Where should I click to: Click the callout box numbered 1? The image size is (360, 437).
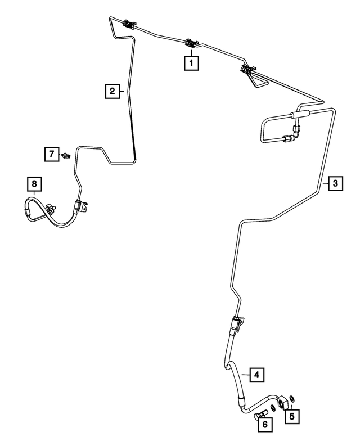point(191,63)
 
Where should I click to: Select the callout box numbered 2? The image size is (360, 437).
point(112,91)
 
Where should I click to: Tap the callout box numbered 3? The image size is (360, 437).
point(335,183)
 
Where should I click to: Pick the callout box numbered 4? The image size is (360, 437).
point(256,375)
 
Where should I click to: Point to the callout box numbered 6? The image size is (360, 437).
point(265,425)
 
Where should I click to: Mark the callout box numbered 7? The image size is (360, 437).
point(52,154)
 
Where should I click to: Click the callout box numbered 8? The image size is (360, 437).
point(34,184)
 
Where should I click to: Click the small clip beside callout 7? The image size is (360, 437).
point(66,156)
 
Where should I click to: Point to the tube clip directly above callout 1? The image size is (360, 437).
point(192,43)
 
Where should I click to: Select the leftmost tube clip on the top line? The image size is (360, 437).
point(129,24)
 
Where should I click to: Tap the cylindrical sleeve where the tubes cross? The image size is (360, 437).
point(300,114)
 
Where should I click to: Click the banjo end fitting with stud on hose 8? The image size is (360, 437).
point(51,208)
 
